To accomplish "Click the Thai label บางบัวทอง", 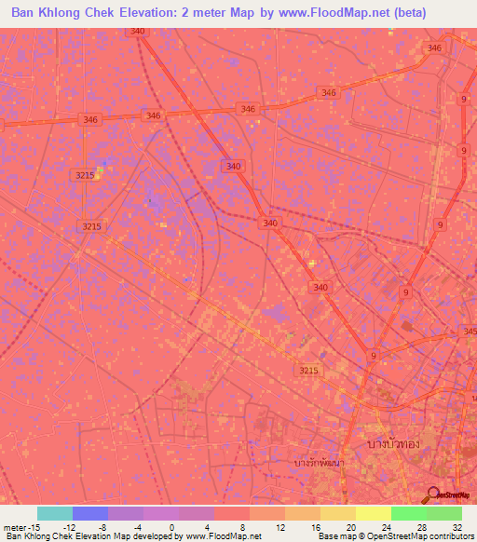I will (x=394, y=443).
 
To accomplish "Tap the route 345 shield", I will (x=470, y=331).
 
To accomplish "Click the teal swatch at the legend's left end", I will (x=55, y=513).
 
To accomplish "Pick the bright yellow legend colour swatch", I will (x=373, y=513).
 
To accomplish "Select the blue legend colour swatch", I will (x=90, y=513).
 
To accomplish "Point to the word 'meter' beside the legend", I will (x=15, y=526).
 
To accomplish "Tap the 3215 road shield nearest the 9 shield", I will (x=308, y=371).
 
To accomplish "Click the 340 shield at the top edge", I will (x=139, y=32).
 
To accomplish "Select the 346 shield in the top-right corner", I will (x=433, y=47).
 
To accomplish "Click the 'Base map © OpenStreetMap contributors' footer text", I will (x=395, y=536).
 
